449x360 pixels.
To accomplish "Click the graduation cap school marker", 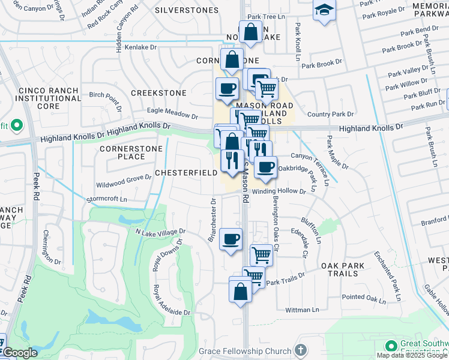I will pyautogui.click(x=324, y=10).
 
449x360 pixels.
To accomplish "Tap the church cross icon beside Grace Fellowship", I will pyautogui.click(x=301, y=350).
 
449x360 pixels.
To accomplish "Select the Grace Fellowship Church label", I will pyautogui.click(x=255, y=350).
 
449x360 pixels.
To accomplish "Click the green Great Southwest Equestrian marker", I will pyautogui.click(x=391, y=346).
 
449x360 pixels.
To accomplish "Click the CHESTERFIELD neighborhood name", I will pyautogui.click(x=186, y=173).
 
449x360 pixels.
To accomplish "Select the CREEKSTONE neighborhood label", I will pyautogui.click(x=158, y=93).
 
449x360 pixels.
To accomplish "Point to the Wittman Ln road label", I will pyautogui.click(x=303, y=310).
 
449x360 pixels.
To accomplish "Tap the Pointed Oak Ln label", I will pyautogui.click(x=364, y=298).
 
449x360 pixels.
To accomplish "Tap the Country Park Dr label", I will pyautogui.click(x=330, y=114).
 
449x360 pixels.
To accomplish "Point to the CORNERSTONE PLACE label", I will pyautogui.click(x=122, y=152).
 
